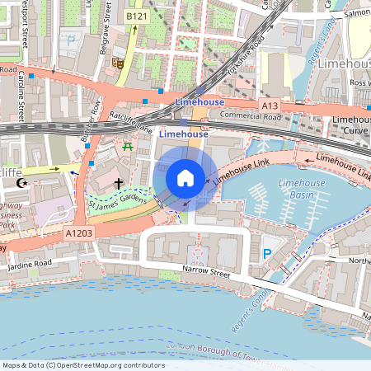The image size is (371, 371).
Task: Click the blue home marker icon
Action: click(x=185, y=178)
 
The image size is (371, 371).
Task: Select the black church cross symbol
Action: click(x=119, y=183)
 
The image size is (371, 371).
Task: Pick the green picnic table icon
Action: click(x=128, y=146)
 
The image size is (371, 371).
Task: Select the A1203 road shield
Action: click(x=78, y=235)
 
